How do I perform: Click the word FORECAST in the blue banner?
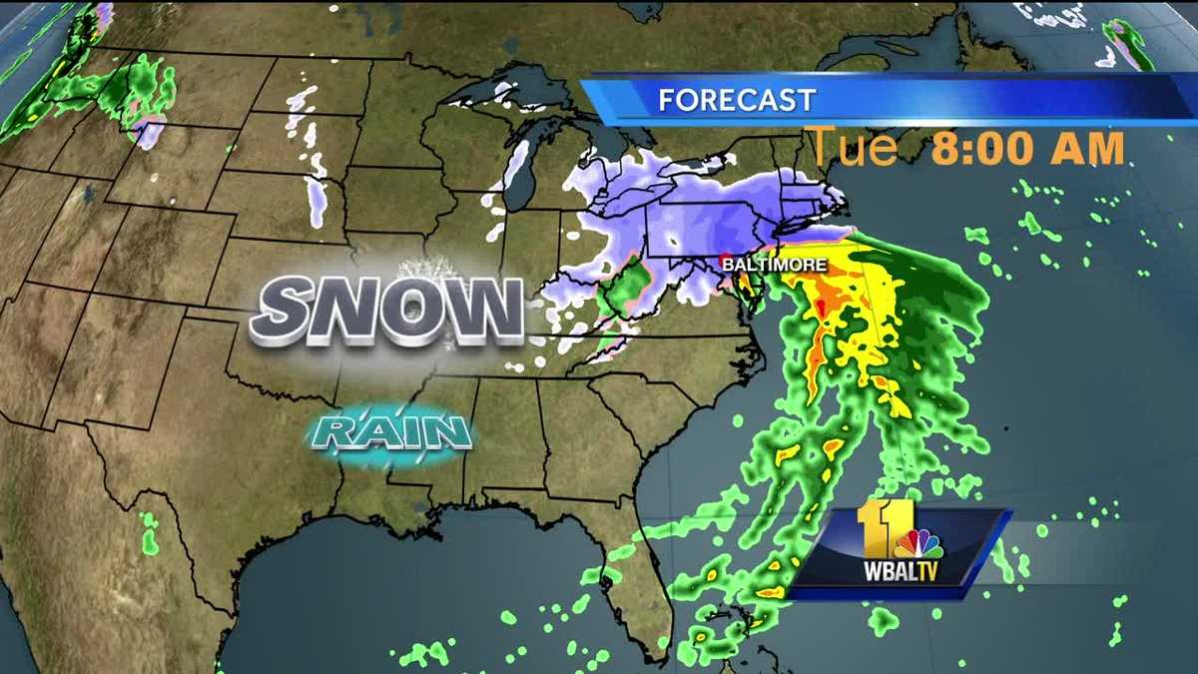(x=737, y=100)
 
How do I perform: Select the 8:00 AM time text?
(x=1028, y=148)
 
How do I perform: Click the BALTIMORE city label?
(x=777, y=265)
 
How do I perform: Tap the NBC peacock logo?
(x=917, y=543)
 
